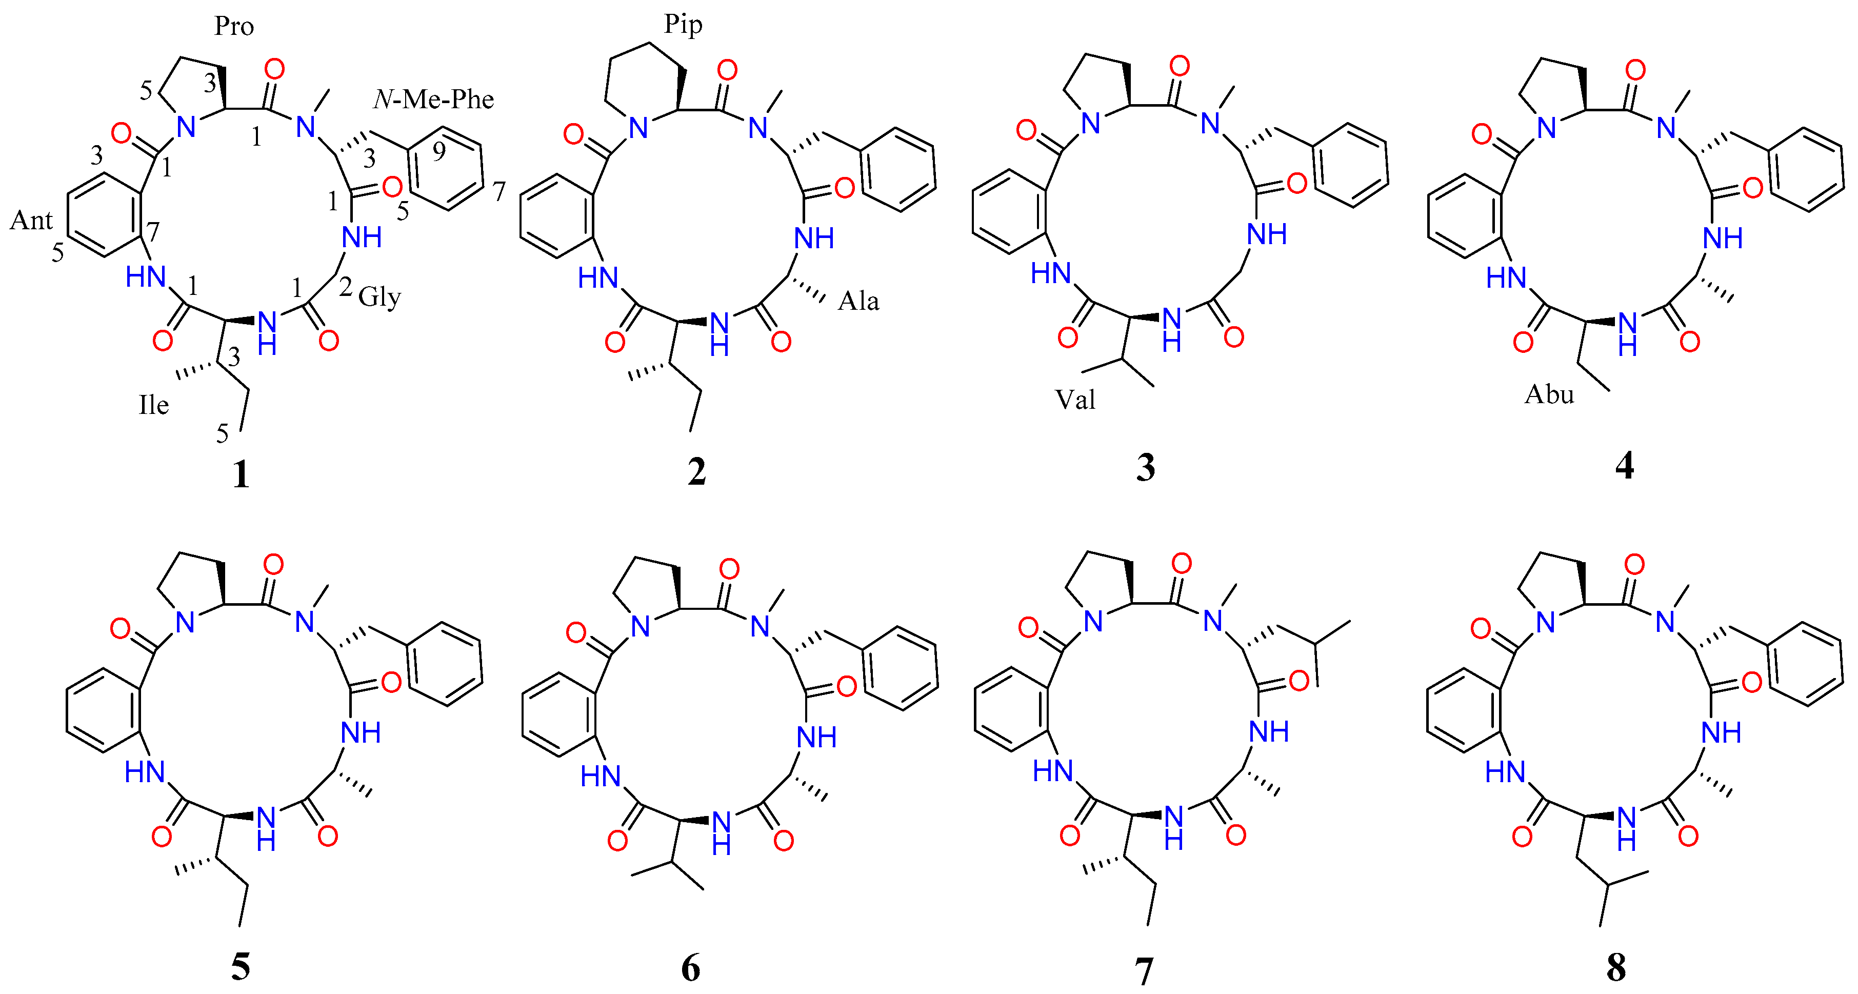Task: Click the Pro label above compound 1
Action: coord(234,27)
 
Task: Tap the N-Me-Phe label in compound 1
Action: coord(433,99)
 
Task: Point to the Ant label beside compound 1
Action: coord(31,220)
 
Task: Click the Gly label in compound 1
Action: coord(379,296)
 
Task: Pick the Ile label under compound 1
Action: coord(154,405)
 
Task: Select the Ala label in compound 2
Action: coord(858,300)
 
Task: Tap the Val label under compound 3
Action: coord(1075,399)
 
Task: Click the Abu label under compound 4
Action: coord(1549,394)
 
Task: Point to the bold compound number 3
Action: coord(1145,467)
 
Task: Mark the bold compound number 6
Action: coord(690,968)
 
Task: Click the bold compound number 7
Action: coord(1144,970)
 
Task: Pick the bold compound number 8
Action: coord(1615,967)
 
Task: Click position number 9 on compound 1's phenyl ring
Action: coord(438,151)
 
